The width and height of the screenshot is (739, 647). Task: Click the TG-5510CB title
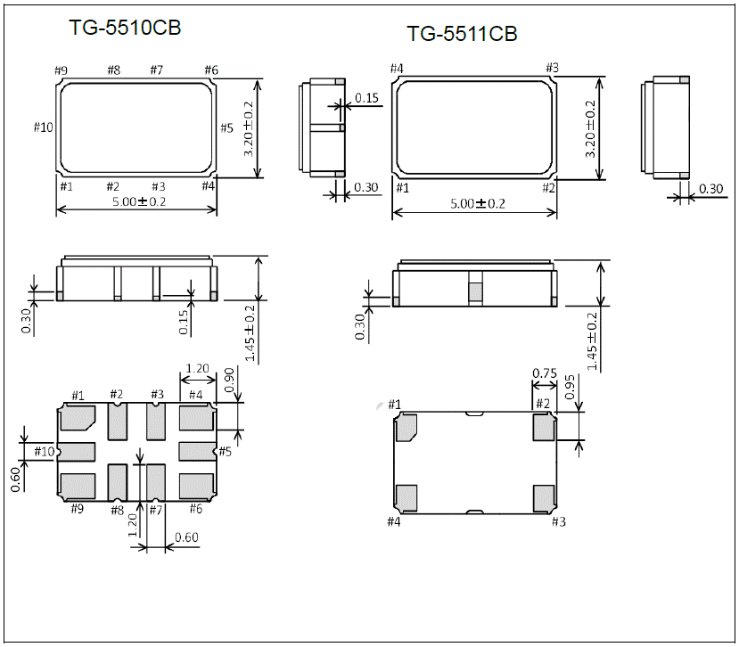(126, 28)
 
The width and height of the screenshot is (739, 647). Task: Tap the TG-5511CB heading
(462, 34)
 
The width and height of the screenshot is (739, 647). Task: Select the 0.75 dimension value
(545, 373)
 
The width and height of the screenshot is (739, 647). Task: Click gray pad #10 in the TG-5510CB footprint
(77, 451)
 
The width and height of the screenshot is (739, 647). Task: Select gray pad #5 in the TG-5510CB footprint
(197, 451)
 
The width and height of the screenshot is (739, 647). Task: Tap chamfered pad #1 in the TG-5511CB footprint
(406, 429)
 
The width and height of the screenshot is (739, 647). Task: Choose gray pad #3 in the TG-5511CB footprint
(544, 497)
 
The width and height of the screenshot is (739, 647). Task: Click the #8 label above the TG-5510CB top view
(113, 70)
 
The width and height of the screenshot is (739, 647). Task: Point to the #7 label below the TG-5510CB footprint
(156, 510)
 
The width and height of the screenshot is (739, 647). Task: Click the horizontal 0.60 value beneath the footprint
(186, 536)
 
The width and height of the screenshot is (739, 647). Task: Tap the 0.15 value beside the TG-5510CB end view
(365, 97)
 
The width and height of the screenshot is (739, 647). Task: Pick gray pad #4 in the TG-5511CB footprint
(406, 497)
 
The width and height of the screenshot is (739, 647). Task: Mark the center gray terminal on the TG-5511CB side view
(475, 291)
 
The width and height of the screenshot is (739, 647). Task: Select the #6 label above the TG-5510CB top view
(211, 70)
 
